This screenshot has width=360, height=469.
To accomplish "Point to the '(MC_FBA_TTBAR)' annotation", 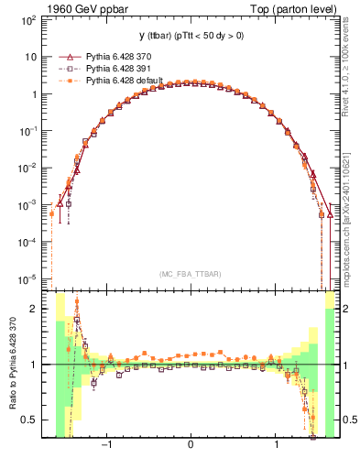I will [x=189, y=273].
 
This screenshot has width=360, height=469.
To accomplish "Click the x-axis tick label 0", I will [x=190, y=446].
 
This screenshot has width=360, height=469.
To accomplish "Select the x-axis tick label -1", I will [x=106, y=446].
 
